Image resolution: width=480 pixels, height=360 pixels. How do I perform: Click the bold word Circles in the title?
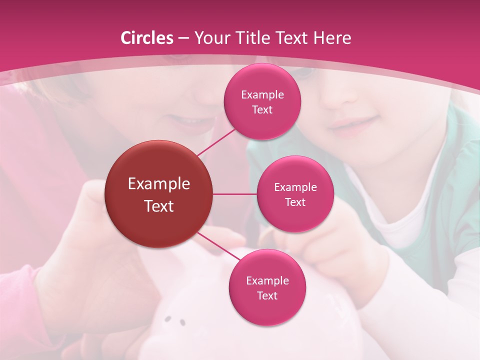coord(147,38)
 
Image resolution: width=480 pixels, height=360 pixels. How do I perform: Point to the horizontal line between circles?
coord(235,194)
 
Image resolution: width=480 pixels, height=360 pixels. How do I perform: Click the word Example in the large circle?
coord(159,184)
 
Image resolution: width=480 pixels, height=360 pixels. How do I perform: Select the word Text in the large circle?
coord(159,206)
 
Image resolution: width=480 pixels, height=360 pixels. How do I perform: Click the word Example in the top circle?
coord(262,95)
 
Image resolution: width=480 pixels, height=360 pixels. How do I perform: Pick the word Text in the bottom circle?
coord(267,295)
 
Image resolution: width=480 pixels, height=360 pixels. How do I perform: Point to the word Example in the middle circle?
coord(295,187)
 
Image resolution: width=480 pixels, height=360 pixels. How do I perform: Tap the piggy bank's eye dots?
coord(175,320)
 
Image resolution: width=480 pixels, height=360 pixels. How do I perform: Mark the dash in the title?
coord(183,38)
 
